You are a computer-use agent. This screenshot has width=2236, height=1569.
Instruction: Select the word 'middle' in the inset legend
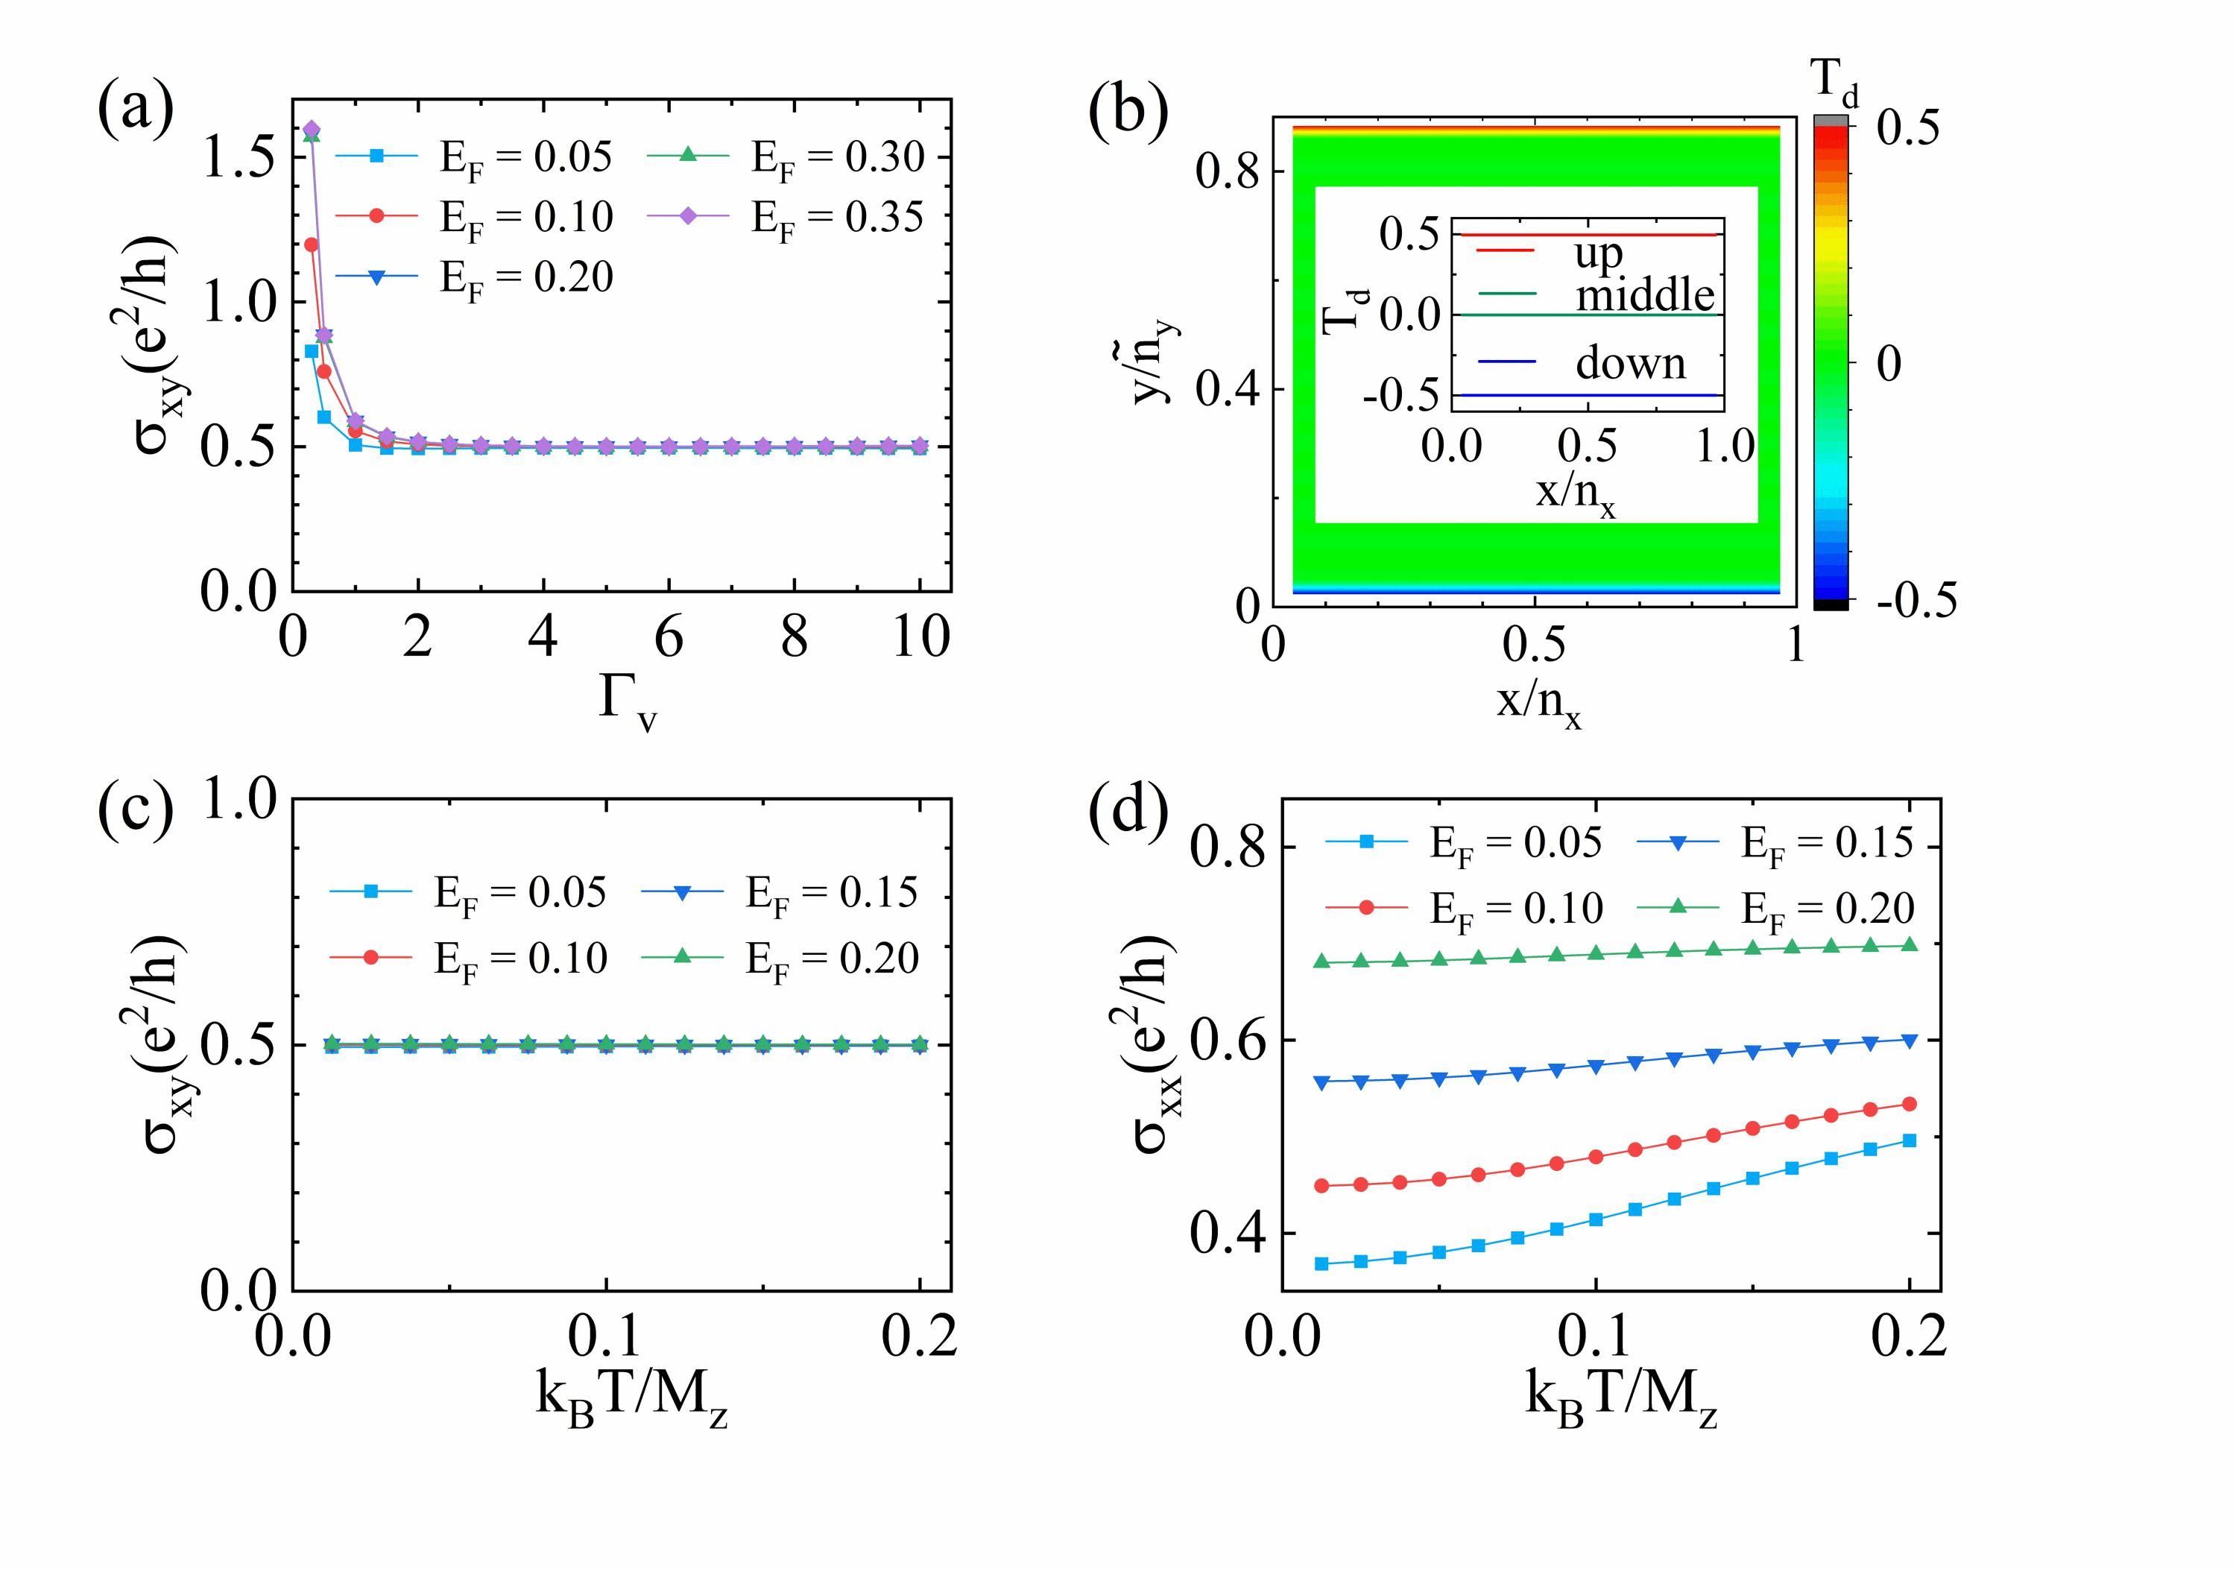point(1645,294)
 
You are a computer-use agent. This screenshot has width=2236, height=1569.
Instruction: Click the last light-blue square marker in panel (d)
point(1909,1140)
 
